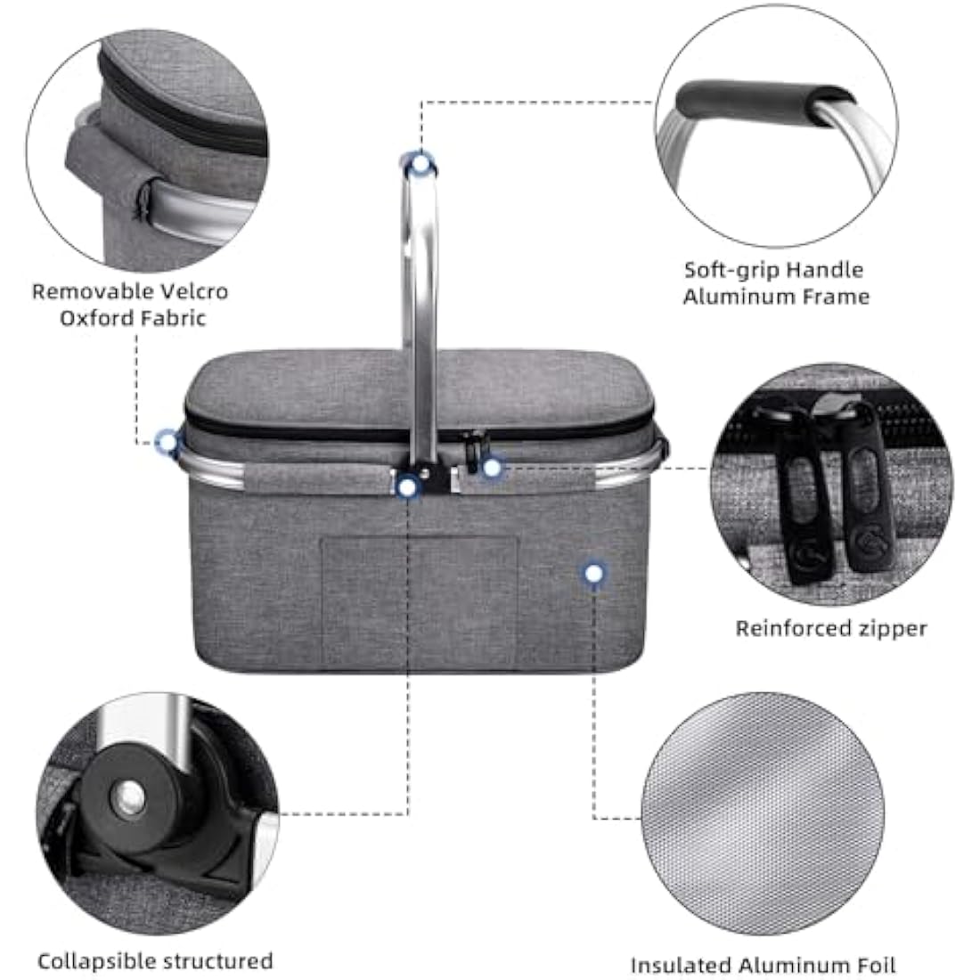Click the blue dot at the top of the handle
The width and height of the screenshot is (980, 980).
[x=421, y=163]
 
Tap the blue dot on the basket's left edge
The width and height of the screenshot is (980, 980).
[x=167, y=440]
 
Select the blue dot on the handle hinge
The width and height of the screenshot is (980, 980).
[x=408, y=486]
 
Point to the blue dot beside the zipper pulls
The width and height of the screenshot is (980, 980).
[x=491, y=467]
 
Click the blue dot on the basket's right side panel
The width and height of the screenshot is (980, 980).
[x=592, y=574]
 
